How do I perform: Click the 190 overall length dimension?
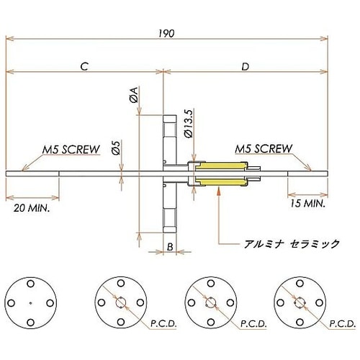coord(167,32)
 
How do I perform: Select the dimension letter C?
coord(84,66)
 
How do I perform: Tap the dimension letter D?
coord(246,66)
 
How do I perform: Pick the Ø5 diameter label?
coord(115,150)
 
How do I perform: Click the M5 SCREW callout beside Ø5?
coord(70,149)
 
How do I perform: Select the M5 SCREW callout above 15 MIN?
coord(264,149)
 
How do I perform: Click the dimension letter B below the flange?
coord(168,247)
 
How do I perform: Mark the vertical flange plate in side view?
coord(168,173)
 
